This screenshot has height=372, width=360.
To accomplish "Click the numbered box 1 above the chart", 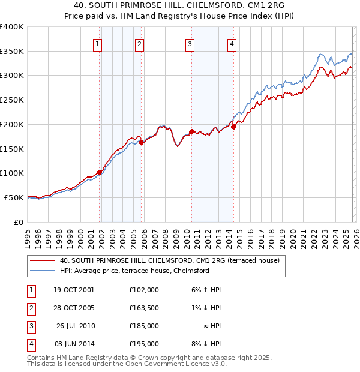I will click(x=97, y=43).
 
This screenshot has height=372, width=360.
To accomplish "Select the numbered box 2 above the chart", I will click(x=139, y=43).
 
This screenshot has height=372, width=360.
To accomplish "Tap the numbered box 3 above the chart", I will click(x=190, y=43).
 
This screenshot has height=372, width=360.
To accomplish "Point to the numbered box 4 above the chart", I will click(x=231, y=43).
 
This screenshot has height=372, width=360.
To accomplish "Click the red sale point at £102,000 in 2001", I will click(x=100, y=172).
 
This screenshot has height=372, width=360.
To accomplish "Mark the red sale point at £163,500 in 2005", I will click(x=142, y=142).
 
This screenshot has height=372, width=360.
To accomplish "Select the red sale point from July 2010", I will click(x=191, y=131).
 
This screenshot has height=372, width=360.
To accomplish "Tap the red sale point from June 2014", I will click(x=233, y=127).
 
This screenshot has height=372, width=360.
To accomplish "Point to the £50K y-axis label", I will click(x=14, y=197).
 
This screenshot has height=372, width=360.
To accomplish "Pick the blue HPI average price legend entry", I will click(x=134, y=271).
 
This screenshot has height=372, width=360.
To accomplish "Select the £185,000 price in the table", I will click(x=143, y=326).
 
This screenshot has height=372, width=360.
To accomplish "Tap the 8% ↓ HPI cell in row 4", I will click(x=208, y=344).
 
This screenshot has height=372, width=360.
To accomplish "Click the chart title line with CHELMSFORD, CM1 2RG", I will click(x=180, y=5).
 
